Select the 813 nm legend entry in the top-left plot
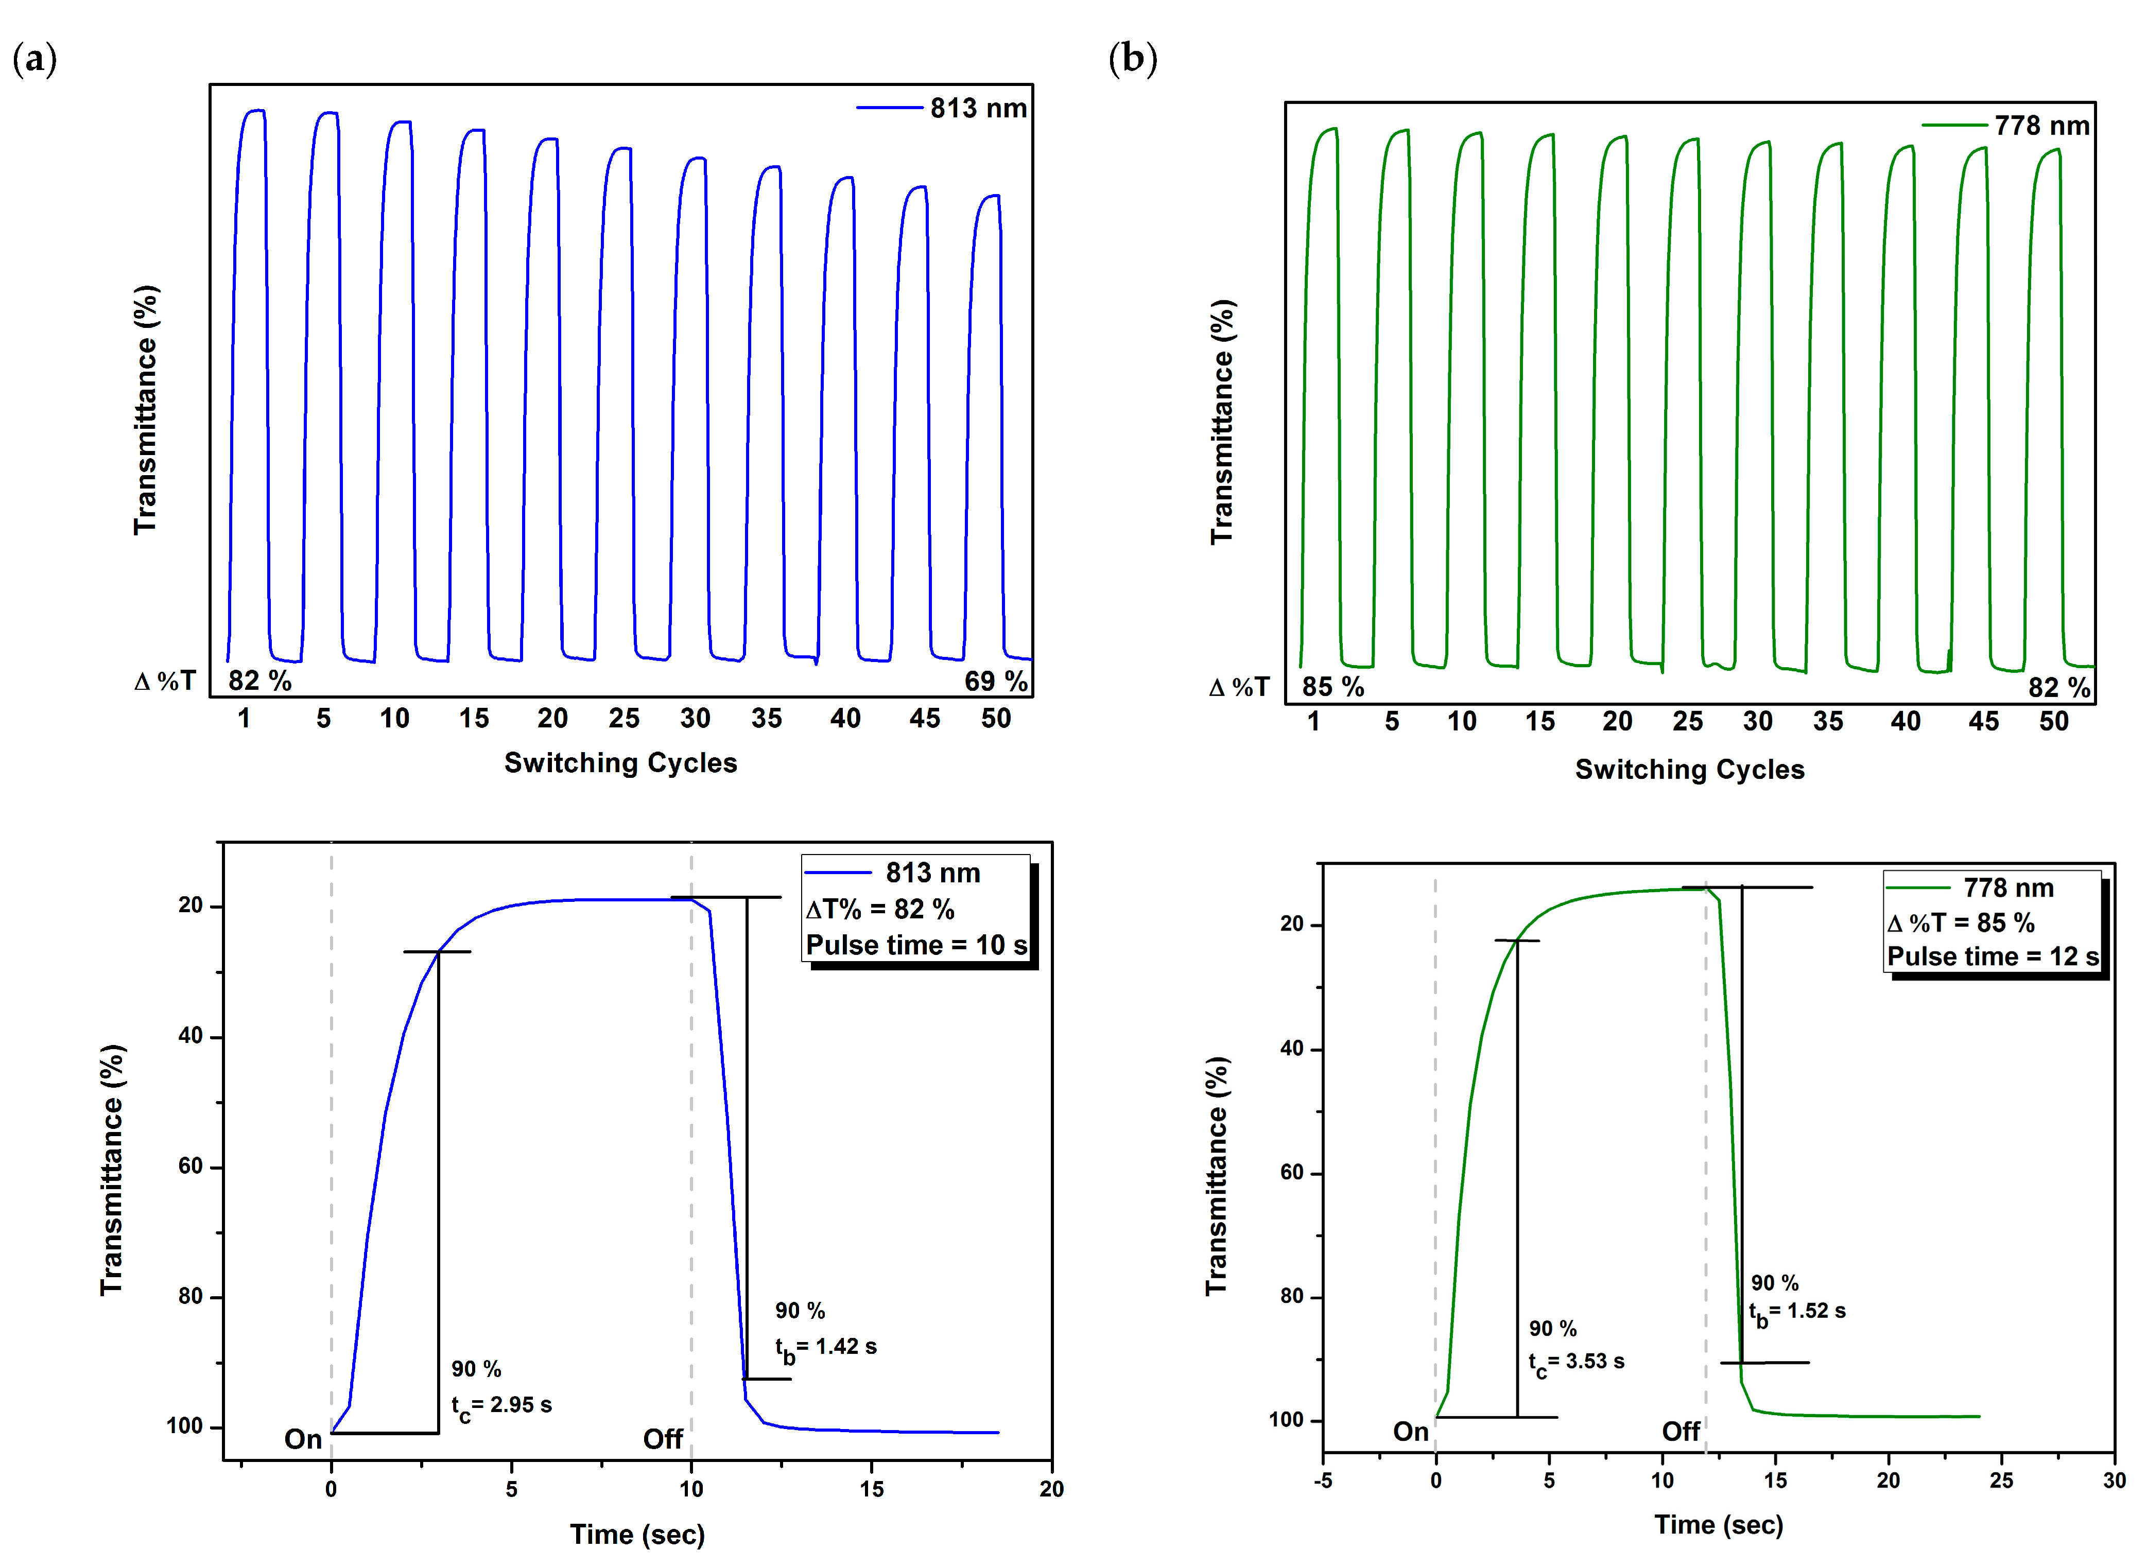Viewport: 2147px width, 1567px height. pos(977,108)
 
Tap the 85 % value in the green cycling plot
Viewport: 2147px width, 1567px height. pos(1332,687)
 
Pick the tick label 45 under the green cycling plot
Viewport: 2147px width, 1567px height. pos(1983,722)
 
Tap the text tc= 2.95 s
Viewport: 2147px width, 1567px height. pos(501,1406)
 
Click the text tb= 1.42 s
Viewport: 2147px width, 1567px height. pos(825,1348)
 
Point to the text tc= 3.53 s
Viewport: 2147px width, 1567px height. pos(1576,1362)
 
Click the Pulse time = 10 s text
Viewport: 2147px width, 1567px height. pos(916,946)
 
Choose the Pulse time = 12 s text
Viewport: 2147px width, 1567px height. pos(1993,956)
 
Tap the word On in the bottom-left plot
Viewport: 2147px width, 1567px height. pos(304,1439)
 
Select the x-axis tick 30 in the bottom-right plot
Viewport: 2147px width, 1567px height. pos(2114,1481)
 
